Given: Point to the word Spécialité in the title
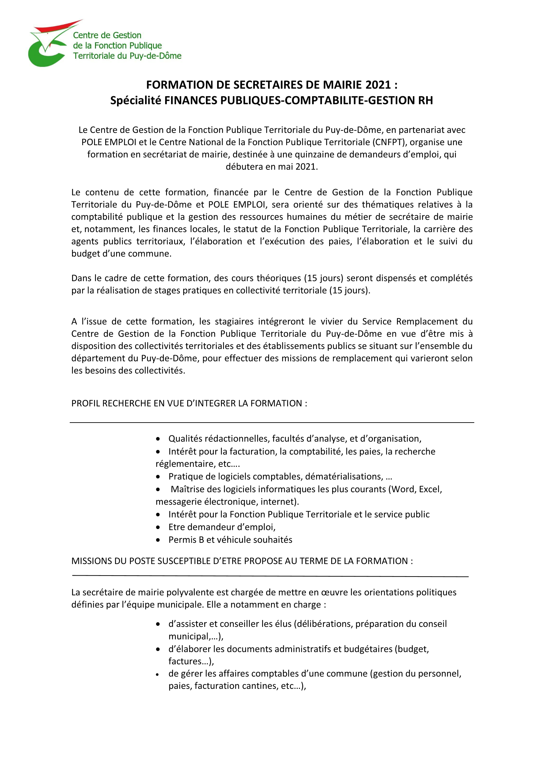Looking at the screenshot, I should [136, 100].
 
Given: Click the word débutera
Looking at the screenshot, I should [244, 166].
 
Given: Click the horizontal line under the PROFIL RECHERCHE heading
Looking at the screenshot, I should [272, 423].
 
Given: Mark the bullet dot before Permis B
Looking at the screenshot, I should [158, 540].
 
